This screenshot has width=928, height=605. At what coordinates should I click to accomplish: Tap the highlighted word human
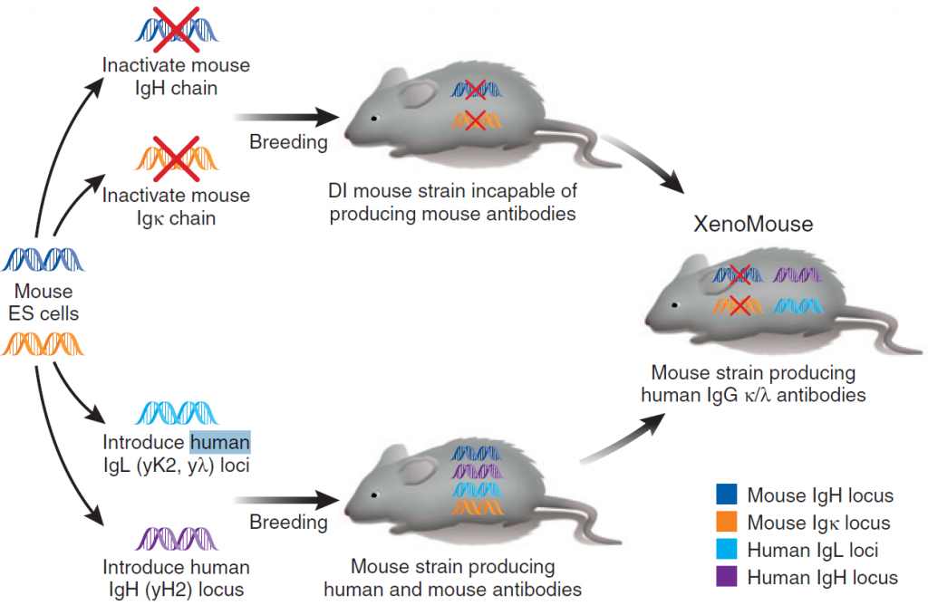[x=219, y=443]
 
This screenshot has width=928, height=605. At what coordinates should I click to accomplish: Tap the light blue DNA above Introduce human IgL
[x=176, y=412]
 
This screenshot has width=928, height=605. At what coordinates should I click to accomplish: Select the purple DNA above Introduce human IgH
[x=176, y=540]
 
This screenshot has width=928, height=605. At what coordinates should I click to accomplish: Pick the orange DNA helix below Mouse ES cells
[x=43, y=344]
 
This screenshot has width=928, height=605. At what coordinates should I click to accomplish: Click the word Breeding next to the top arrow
[x=289, y=142]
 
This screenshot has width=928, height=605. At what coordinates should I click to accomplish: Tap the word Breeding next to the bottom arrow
[x=289, y=523]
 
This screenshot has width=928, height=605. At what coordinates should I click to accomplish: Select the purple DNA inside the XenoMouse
[x=796, y=274]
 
